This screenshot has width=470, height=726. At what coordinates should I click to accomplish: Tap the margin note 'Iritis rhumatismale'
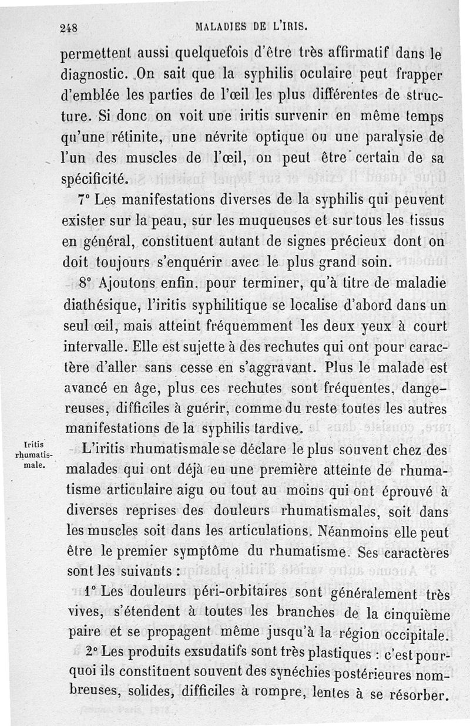[x=36, y=454]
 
